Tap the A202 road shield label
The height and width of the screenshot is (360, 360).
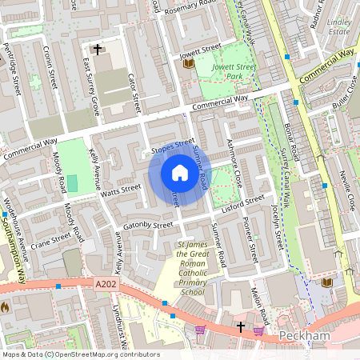(x=106, y=283)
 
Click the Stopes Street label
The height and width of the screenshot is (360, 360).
(x=173, y=146)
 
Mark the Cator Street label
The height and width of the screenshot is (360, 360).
(x=134, y=93)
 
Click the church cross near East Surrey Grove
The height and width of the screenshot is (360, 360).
(x=98, y=50)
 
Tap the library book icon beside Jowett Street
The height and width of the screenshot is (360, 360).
(x=188, y=63)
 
